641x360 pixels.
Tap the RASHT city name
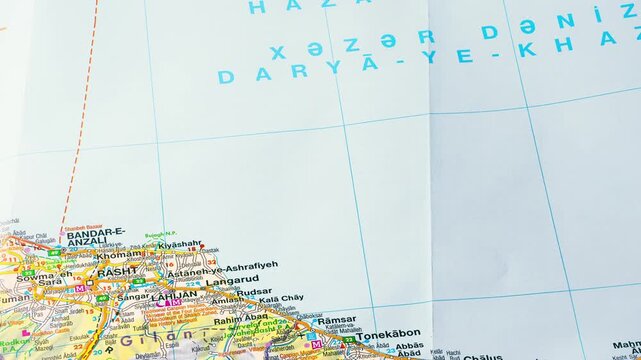click(117, 271)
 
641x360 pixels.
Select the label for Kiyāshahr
click(179, 244)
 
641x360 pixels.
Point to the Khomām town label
click(119, 254)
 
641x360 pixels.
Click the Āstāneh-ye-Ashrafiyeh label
click(222, 269)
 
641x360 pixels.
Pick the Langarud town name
click(234, 280)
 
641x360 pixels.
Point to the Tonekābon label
click(388, 335)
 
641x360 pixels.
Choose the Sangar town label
click(132, 297)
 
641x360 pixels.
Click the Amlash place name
click(227, 301)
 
